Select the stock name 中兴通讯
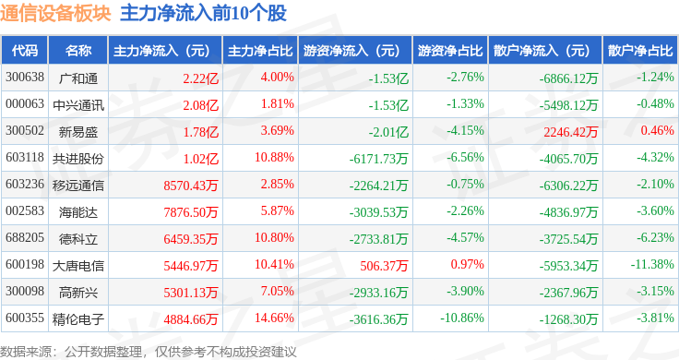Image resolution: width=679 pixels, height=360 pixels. tap(77, 104)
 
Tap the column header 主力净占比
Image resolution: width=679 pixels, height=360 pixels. tap(260, 50)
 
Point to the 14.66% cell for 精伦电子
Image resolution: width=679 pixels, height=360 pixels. tap(276, 318)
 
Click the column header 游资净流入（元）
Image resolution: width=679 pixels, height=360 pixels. tap(352, 50)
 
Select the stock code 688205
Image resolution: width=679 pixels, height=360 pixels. tap(25, 238)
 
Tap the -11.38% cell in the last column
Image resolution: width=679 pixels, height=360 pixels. tap(654, 265)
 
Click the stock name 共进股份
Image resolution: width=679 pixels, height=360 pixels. tap(78, 158)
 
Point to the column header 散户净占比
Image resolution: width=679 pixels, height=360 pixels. tap(640, 50)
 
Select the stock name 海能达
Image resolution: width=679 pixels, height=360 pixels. tap(77, 211)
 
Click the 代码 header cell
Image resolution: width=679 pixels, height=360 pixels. tap(26, 50)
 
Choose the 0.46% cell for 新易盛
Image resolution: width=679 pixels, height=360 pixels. tap(657, 131)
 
